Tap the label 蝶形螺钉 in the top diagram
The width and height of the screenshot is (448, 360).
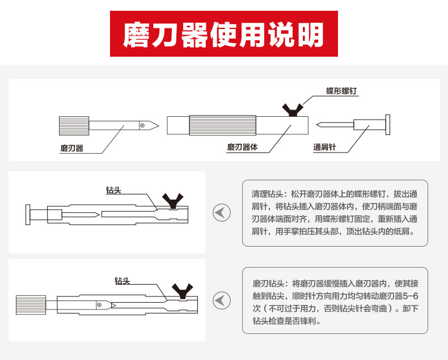[341, 91]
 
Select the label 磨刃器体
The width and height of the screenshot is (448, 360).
[242, 147]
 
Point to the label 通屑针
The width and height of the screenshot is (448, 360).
[324, 147]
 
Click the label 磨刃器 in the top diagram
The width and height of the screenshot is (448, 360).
[72, 148]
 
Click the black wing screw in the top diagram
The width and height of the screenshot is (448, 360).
[293, 109]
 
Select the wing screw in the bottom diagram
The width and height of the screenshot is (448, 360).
[183, 290]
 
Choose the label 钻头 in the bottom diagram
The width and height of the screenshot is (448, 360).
[122, 281]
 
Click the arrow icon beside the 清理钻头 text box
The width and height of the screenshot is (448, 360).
[221, 213]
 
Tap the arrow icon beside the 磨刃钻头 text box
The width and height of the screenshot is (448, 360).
[221, 299]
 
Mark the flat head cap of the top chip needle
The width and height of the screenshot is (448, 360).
[388, 125]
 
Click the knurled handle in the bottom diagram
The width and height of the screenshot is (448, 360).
[27, 303]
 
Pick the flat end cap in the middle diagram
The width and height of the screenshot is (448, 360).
[27, 214]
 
